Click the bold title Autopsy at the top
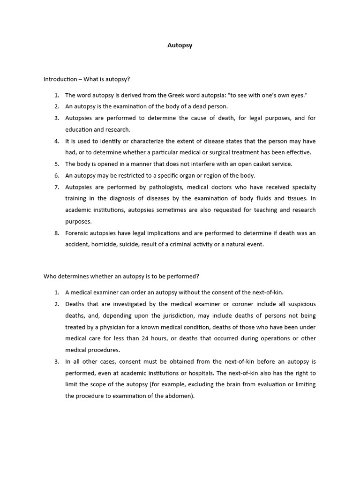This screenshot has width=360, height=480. (180, 46)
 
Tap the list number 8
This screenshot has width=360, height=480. (56, 233)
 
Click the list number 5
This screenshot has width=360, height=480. (56, 164)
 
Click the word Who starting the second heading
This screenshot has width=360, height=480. (50, 276)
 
